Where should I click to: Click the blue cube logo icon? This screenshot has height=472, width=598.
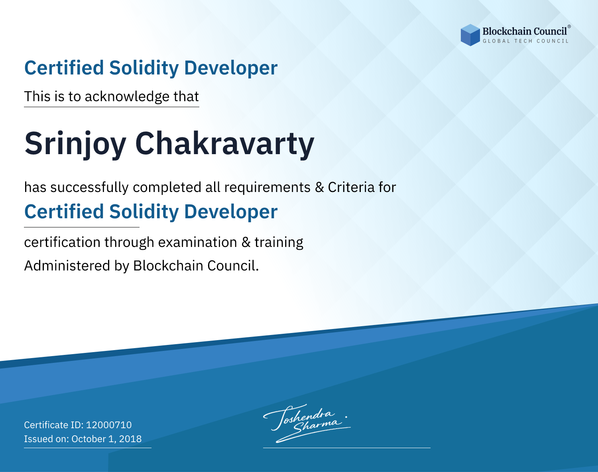470,35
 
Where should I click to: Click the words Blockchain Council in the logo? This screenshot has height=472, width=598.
525,31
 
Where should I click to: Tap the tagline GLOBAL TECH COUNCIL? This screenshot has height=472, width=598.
525,41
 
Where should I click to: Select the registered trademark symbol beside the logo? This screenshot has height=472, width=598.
569,26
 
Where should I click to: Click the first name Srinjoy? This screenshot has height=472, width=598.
75,144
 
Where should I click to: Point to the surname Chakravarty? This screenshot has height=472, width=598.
224,144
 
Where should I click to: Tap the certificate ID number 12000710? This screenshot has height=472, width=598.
109,425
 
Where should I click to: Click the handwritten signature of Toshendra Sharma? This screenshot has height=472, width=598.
307,423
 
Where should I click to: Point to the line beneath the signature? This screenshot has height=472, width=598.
346,448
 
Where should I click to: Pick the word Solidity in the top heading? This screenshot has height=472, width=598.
144,68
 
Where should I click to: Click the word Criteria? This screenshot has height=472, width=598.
351,187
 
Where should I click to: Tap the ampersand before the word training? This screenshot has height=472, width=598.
246,242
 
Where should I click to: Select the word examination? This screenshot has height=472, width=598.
197,242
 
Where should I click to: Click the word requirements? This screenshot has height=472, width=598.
268,188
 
